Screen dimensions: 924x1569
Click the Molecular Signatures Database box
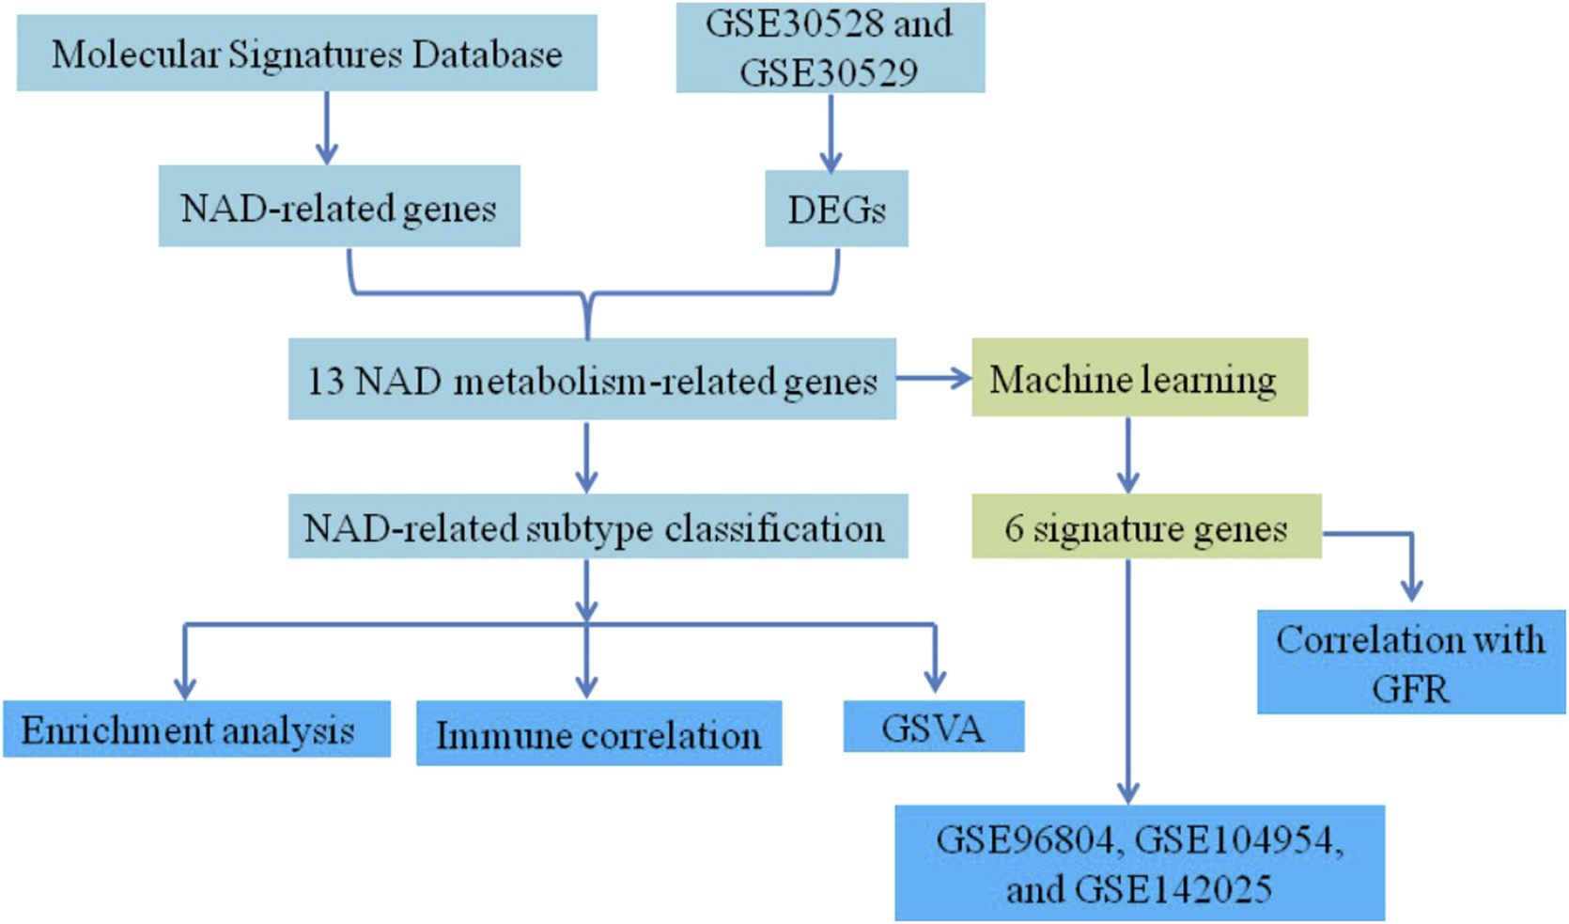[306, 54]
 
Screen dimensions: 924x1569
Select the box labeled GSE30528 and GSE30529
[830, 48]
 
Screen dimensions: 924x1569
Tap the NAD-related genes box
[339, 207]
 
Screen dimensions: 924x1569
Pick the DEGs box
[836, 209]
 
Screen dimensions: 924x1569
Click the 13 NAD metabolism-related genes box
[592, 380]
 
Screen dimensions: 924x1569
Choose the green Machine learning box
[1139, 378]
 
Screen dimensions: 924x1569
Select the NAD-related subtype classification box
[598, 526]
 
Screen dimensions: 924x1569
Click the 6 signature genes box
[1146, 526]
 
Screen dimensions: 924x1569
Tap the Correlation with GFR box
[1410, 662]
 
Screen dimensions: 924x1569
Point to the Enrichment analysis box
[196, 728]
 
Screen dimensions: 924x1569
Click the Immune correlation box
[598, 733]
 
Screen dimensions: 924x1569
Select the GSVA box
[933, 727]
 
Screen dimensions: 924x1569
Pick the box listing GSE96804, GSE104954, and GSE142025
[1139, 863]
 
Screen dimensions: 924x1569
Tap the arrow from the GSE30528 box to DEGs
[830, 133]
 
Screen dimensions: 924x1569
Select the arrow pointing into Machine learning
[933, 378]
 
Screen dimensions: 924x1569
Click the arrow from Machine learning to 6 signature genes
[1127, 455]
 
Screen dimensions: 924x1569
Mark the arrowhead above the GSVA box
[934, 680]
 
